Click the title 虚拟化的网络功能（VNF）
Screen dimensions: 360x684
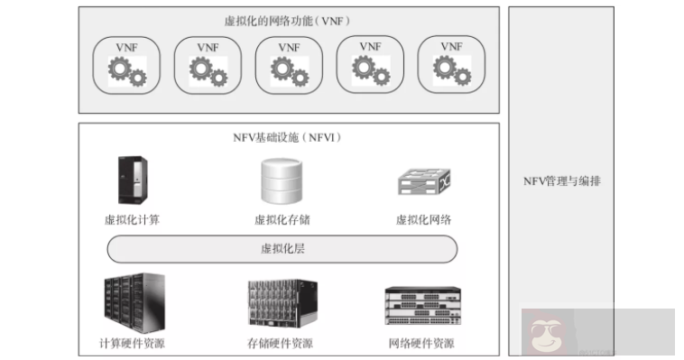pos(287,19)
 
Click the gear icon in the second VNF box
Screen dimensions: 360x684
pos(208,70)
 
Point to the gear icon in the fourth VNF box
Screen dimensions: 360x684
pos(370,70)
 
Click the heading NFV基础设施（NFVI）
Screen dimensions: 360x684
pos(287,137)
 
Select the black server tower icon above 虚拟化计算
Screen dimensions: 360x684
pos(131,180)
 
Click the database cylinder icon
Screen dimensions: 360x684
pos(282,180)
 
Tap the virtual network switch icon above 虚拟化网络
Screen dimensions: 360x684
pos(424,182)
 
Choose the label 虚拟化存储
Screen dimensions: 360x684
pos(282,219)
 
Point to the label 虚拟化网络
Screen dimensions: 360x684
pos(423,219)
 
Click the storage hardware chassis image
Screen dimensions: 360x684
pos(282,305)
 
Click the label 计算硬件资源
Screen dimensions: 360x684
pos(132,344)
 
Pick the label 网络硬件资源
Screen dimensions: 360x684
pos(421,344)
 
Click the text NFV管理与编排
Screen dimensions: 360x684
pos(562,181)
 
